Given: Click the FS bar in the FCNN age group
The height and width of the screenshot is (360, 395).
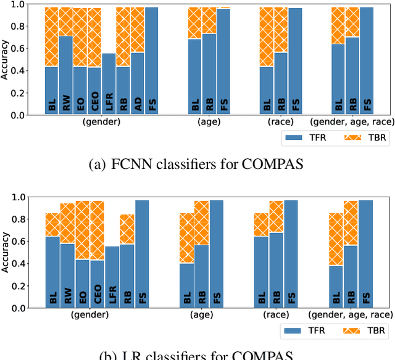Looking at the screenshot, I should [x=223, y=62].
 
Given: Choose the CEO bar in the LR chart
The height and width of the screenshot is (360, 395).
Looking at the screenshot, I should [x=97, y=284].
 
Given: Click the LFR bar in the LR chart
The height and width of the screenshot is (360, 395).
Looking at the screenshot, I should [x=112, y=277].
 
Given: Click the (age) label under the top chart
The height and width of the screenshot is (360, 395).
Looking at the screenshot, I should [x=209, y=123].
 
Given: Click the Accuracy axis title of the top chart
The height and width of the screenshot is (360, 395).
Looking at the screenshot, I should [x=6, y=60].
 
